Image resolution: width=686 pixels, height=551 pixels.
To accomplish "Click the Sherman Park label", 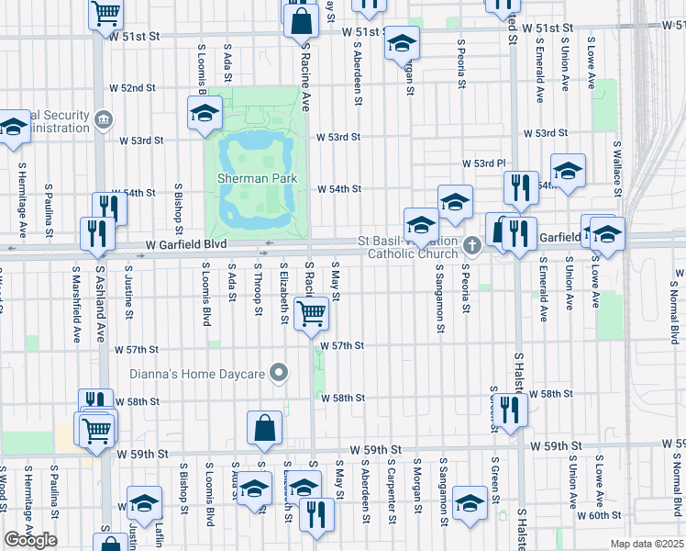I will point(250,177).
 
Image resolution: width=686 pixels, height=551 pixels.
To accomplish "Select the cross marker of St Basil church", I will point(472,244).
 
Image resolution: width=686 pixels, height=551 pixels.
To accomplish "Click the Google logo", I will point(30,540).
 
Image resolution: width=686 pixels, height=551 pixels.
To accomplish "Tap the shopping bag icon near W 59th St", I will point(264,427).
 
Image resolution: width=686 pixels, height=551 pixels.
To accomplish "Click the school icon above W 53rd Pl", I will point(568,170).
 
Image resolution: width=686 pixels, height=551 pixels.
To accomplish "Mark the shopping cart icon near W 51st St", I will point(106,13).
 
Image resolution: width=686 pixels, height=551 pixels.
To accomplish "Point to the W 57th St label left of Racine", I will point(138,350).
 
